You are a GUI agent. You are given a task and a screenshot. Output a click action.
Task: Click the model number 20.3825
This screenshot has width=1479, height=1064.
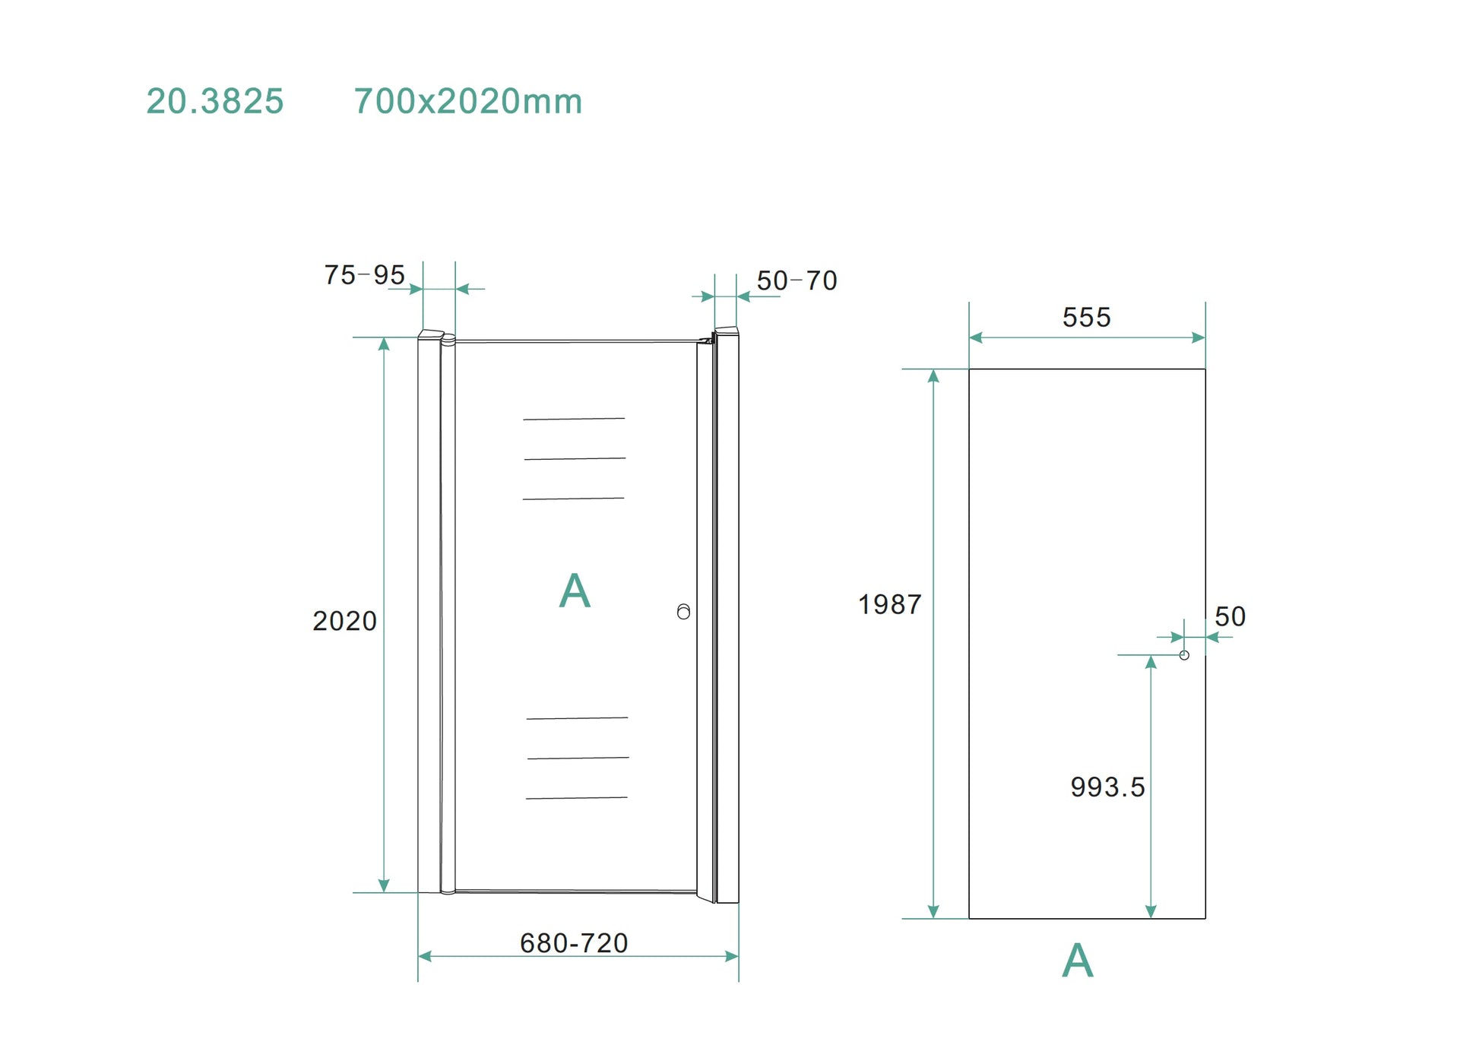215,101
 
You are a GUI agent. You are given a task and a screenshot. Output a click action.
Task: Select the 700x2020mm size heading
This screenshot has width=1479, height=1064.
468,101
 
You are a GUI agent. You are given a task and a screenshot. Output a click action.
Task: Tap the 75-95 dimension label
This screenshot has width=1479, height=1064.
365,275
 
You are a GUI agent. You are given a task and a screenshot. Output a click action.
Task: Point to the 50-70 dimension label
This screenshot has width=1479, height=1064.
797,280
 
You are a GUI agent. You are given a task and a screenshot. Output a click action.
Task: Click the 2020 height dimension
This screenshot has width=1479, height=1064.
345,621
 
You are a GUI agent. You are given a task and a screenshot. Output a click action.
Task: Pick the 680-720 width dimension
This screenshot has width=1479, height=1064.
574,943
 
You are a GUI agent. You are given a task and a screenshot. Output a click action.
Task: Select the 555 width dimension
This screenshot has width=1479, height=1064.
1087,317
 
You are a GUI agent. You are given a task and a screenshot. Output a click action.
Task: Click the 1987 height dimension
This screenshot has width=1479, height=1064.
890,604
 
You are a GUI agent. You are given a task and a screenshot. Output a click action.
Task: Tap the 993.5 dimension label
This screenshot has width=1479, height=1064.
1107,787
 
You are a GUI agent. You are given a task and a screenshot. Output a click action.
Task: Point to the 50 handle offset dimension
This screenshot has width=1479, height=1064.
1230,616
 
